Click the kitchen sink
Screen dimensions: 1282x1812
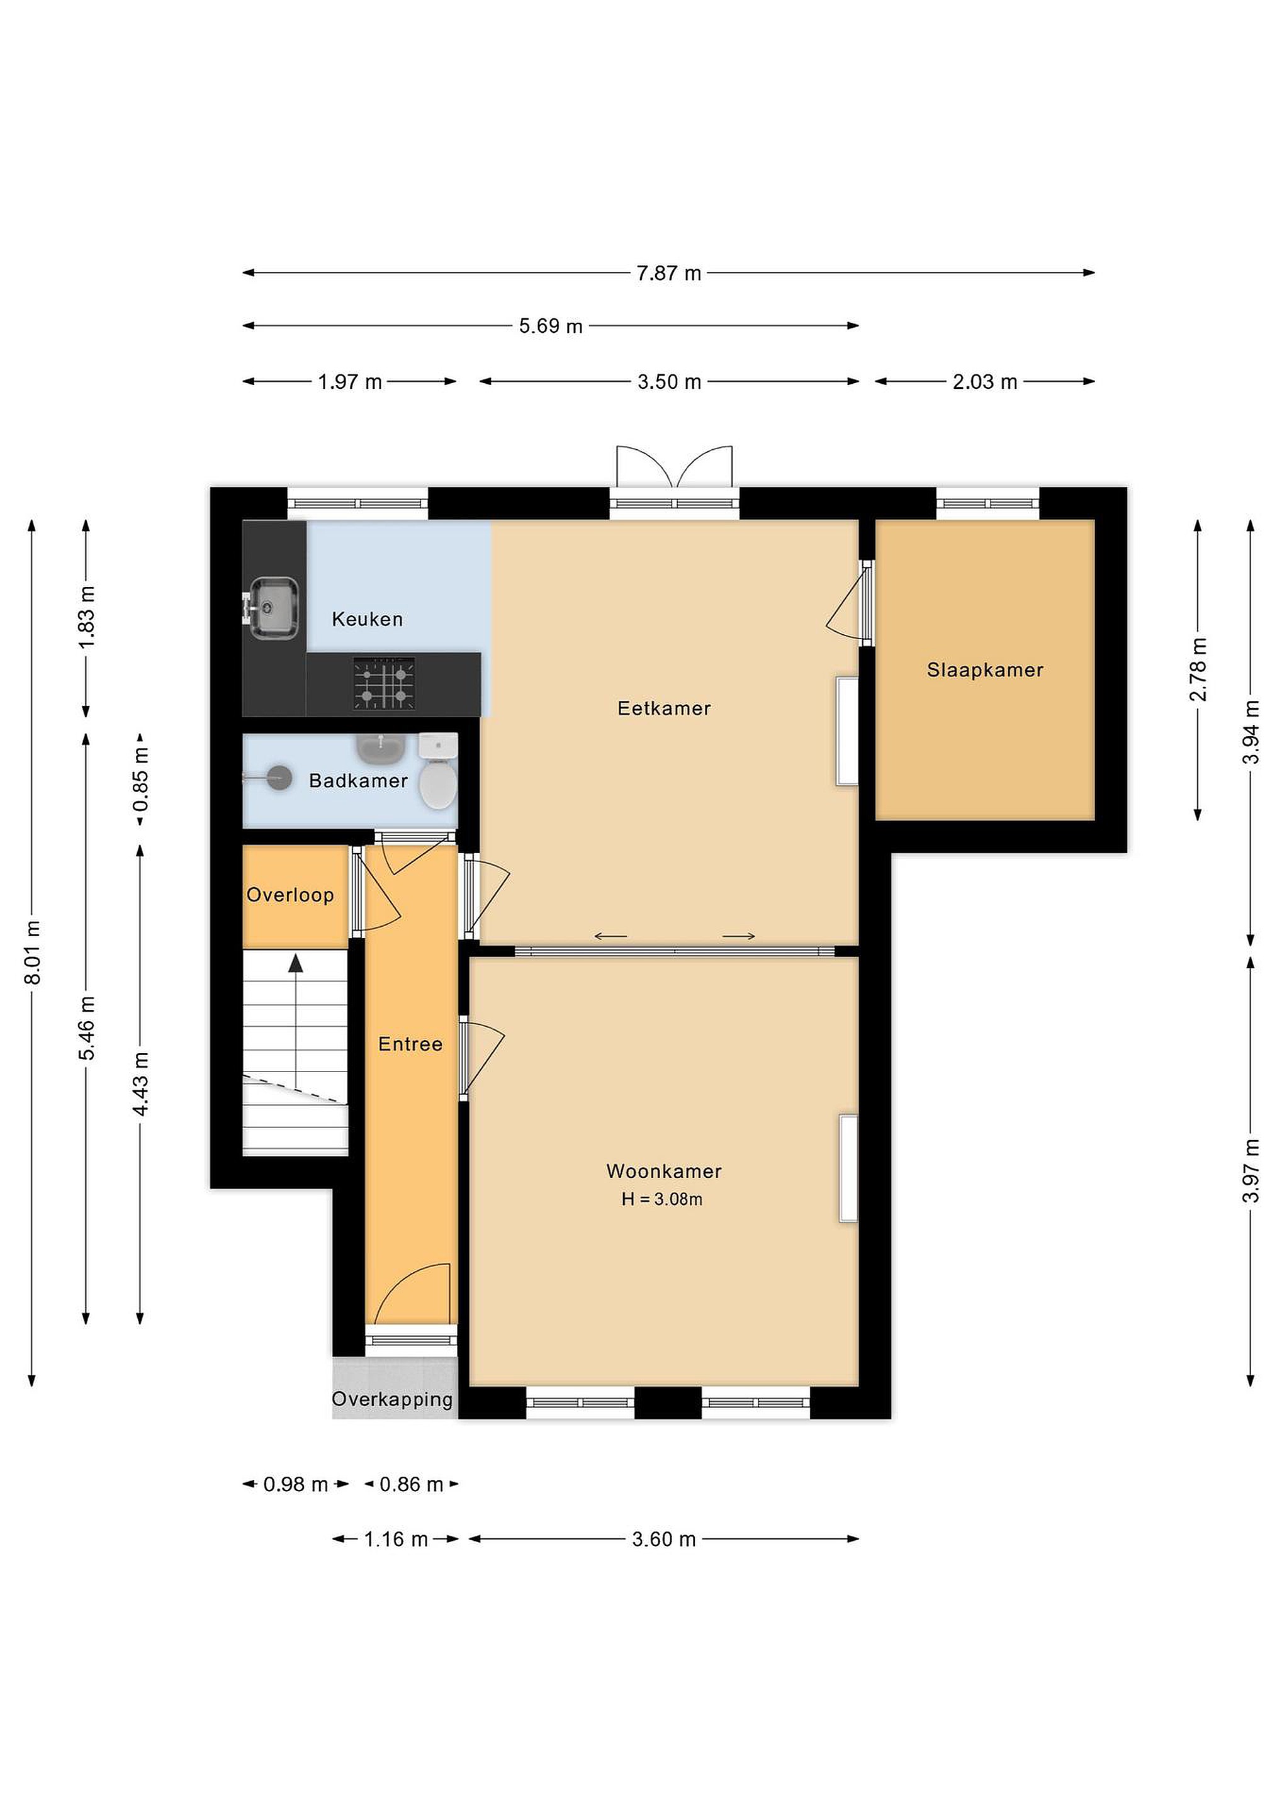tap(273, 608)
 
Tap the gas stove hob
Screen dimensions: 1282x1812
tap(385, 683)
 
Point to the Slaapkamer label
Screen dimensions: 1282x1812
tap(985, 670)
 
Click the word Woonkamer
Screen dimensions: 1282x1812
tap(664, 1171)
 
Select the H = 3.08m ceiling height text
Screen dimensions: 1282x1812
tap(661, 1200)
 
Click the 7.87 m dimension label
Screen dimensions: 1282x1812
tap(668, 273)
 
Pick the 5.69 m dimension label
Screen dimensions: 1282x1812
tap(550, 326)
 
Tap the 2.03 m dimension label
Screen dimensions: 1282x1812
tap(984, 382)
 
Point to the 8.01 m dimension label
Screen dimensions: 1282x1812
tap(32, 953)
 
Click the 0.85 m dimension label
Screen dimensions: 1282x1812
tap(140, 780)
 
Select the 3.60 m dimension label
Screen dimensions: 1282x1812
tap(664, 1539)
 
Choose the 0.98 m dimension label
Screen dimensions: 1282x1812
tap(295, 1484)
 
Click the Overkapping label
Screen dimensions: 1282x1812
tap(392, 1399)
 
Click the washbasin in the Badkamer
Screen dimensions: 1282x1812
tap(381, 748)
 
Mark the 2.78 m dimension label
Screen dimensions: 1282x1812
tap(1198, 669)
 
